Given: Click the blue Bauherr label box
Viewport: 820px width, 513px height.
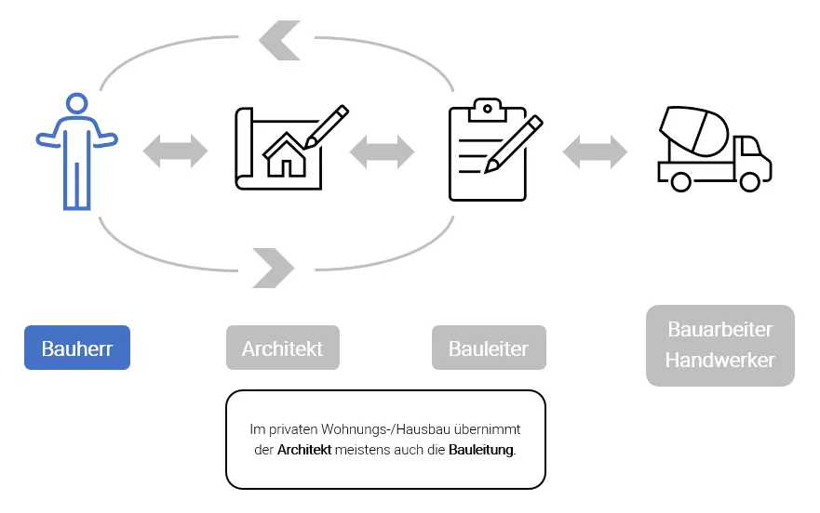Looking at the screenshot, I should click(x=76, y=349).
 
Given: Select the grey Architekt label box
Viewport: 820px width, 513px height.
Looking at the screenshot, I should click(x=282, y=349).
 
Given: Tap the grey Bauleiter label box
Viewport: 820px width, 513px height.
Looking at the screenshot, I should click(x=488, y=349).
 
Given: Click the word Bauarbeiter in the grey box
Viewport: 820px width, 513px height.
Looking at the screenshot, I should click(x=719, y=329).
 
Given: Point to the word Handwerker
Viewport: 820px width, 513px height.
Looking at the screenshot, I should click(x=719, y=360).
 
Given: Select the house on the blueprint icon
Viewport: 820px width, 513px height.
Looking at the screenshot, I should click(x=286, y=154).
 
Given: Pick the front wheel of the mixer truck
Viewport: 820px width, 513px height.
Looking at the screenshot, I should click(x=749, y=180).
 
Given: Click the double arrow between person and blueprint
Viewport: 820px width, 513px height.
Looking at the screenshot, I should click(x=176, y=150).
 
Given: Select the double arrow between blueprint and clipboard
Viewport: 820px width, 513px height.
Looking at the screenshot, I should click(x=382, y=150).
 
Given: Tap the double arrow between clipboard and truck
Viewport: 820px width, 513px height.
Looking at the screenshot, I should click(x=596, y=150).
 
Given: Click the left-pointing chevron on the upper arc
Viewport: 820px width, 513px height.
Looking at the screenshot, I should click(x=278, y=40).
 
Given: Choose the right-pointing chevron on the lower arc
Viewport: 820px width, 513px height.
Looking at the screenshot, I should click(x=274, y=268).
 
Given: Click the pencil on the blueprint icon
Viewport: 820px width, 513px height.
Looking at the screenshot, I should click(x=327, y=125).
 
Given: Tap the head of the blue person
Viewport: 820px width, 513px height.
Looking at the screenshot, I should click(x=77, y=107).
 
